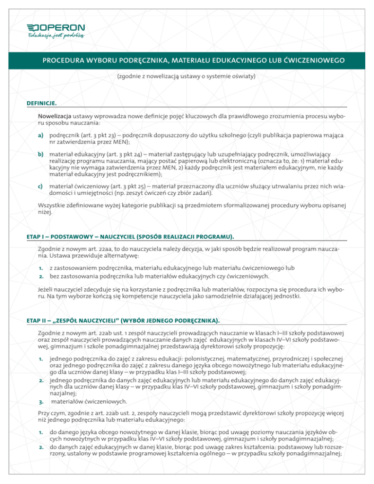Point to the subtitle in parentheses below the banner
(x=187, y=76)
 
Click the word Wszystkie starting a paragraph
(x=53, y=205)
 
